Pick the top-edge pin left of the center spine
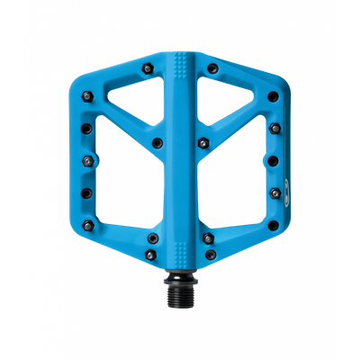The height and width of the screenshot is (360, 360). (x=147, y=67)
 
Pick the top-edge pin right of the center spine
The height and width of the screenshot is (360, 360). (x=211, y=67)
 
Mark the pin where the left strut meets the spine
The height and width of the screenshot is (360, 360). (x=157, y=140)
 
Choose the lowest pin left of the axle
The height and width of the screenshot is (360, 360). (x=150, y=238)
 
